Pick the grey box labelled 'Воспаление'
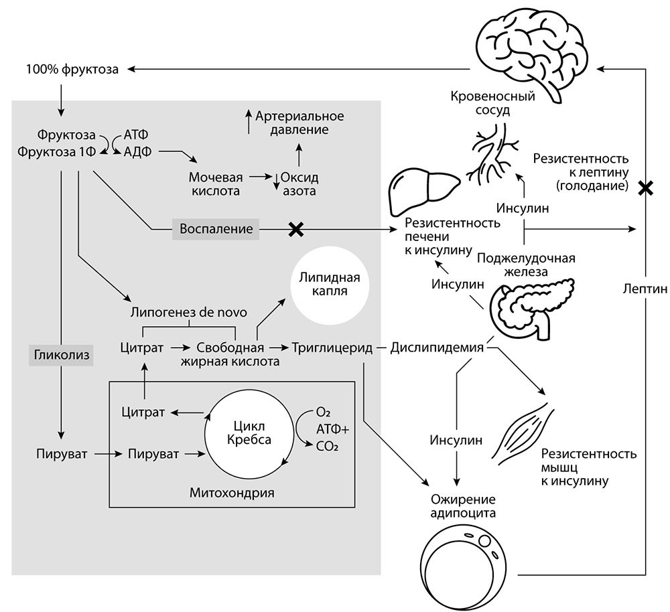[x=216, y=229]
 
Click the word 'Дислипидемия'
[x=437, y=348]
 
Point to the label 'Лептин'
[x=644, y=289]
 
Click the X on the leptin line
[x=645, y=188]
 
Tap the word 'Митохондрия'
[x=232, y=493]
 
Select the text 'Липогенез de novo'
[x=188, y=313]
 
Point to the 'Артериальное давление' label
[x=299, y=123]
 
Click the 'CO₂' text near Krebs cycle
[x=326, y=443]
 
